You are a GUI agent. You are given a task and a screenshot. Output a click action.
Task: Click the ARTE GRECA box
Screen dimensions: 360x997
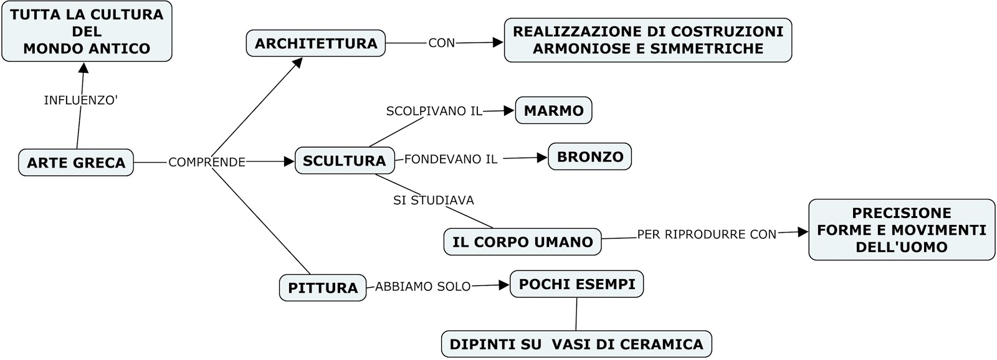tap(76, 163)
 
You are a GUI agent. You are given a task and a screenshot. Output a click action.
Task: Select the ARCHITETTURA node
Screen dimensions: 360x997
tap(316, 44)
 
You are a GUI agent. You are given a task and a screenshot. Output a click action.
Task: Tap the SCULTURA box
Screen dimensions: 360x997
tap(344, 161)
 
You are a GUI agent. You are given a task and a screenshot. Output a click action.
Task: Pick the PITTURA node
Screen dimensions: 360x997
tap(323, 288)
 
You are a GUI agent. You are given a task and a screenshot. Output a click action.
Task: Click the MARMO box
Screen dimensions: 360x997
tap(553, 111)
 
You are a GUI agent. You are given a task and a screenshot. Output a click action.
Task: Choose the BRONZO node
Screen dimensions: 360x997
tap(589, 157)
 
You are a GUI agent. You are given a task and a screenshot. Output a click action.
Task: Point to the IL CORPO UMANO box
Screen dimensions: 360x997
tap(522, 242)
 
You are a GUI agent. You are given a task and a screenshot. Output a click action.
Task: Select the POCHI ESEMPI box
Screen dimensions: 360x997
tap(576, 284)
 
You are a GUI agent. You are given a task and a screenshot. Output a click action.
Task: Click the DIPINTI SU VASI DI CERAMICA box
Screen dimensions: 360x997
tap(576, 344)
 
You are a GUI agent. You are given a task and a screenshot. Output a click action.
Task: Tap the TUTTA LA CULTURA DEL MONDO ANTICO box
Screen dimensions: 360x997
tap(87, 31)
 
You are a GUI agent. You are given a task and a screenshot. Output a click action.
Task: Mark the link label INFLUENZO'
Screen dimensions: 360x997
tap(80, 100)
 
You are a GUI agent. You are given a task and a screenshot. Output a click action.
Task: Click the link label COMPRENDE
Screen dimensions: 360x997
tap(207, 162)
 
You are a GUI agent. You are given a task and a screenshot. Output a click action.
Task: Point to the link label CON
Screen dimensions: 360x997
tap(441, 43)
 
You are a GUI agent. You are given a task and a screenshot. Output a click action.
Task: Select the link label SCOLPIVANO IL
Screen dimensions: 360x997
tap(434, 111)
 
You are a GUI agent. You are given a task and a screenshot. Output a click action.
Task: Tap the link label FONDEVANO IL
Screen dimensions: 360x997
tap(451, 159)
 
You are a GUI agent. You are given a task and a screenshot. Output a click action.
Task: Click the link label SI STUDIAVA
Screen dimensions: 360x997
tap(433, 201)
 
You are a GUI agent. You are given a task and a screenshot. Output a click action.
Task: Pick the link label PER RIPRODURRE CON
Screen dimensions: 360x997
tap(707, 235)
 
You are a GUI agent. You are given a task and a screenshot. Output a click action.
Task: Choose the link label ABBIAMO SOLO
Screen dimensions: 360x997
tap(422, 287)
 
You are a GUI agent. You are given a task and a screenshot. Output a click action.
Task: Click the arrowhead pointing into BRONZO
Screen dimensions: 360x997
tap(542, 158)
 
